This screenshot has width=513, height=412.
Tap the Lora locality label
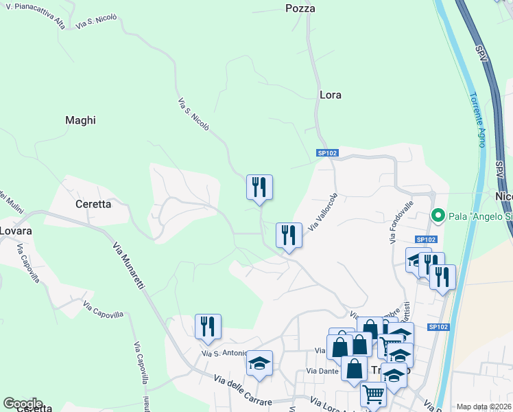331,95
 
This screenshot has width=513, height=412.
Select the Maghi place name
80,120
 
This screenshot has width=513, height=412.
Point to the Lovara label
16,231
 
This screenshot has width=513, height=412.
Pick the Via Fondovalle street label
401,222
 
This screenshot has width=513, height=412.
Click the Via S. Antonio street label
224,353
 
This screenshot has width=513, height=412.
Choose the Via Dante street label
322,371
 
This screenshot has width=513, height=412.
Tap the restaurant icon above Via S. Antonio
208,326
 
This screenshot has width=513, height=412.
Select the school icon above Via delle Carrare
260,363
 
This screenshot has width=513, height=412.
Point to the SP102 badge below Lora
327,153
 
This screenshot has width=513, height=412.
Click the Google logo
23,404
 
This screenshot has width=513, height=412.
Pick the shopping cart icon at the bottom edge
373,393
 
